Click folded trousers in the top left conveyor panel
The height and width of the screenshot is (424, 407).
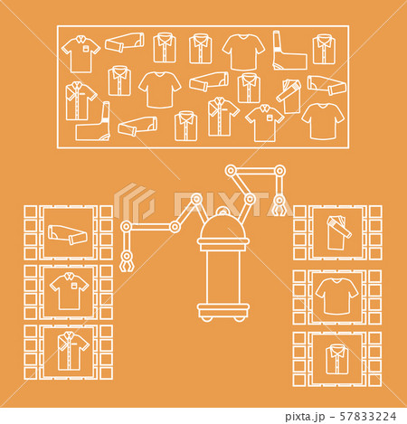(68, 234)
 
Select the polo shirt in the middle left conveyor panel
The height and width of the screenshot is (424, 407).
(69, 291)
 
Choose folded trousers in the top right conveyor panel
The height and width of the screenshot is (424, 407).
(337, 232)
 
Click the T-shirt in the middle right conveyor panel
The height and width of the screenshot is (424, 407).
(337, 296)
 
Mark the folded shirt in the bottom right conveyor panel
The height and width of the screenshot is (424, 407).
(337, 359)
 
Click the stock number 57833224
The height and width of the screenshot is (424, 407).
(359, 417)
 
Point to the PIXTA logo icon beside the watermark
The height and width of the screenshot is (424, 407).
(134, 202)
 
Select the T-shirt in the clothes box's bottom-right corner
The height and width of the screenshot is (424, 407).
(322, 119)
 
